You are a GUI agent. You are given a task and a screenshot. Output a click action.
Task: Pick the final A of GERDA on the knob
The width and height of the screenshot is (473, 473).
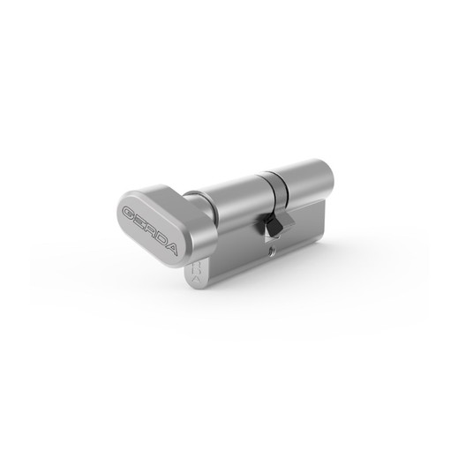click(170, 249)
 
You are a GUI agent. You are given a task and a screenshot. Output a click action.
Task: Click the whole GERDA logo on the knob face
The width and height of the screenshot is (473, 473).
click(149, 231)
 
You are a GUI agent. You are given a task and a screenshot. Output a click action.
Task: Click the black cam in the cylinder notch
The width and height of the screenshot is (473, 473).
click(273, 224)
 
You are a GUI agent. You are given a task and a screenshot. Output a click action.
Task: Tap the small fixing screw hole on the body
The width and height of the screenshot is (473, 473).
click(273, 250)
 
